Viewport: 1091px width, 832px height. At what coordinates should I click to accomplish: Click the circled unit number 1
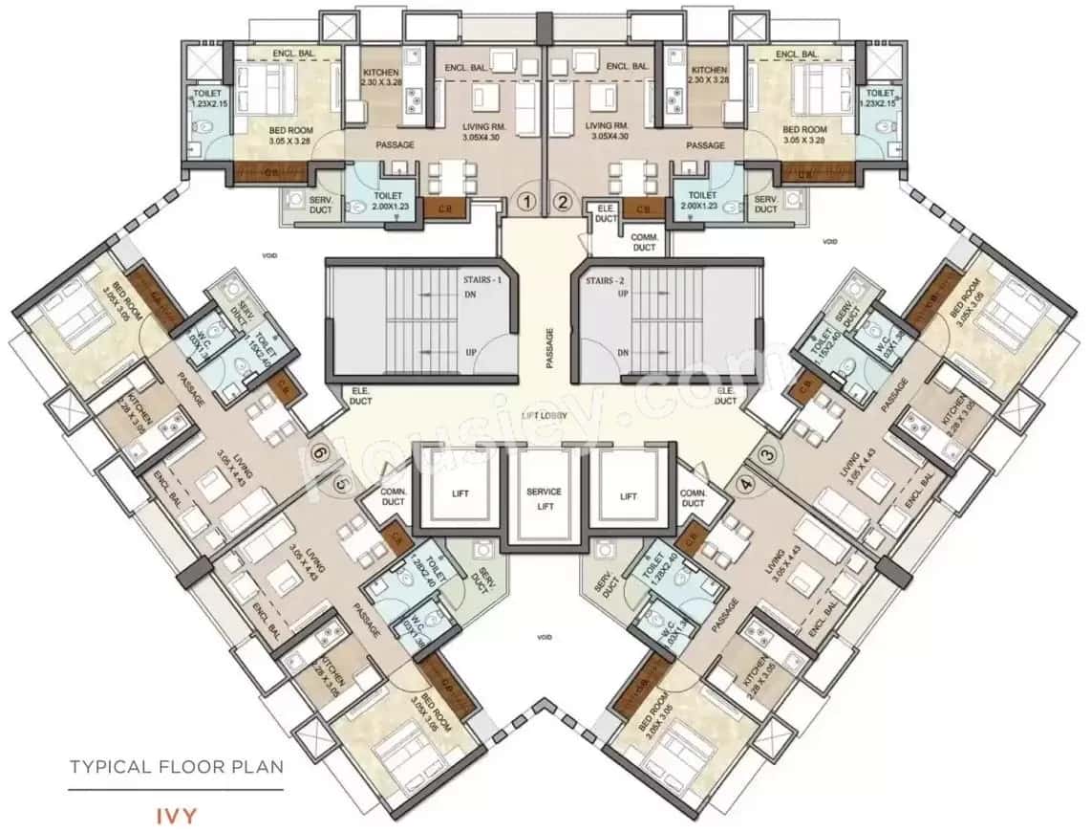click(x=524, y=202)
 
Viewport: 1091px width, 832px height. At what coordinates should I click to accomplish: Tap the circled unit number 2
click(x=564, y=202)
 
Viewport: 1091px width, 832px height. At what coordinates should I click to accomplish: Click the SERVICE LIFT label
click(x=544, y=497)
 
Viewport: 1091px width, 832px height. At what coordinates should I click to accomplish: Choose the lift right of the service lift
click(x=627, y=495)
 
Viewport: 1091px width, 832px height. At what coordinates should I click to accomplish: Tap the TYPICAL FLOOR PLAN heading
click(x=176, y=766)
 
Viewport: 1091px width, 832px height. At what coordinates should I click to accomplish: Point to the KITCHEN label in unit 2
click(x=708, y=77)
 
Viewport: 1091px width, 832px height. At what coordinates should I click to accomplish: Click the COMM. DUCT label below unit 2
click(x=644, y=242)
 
